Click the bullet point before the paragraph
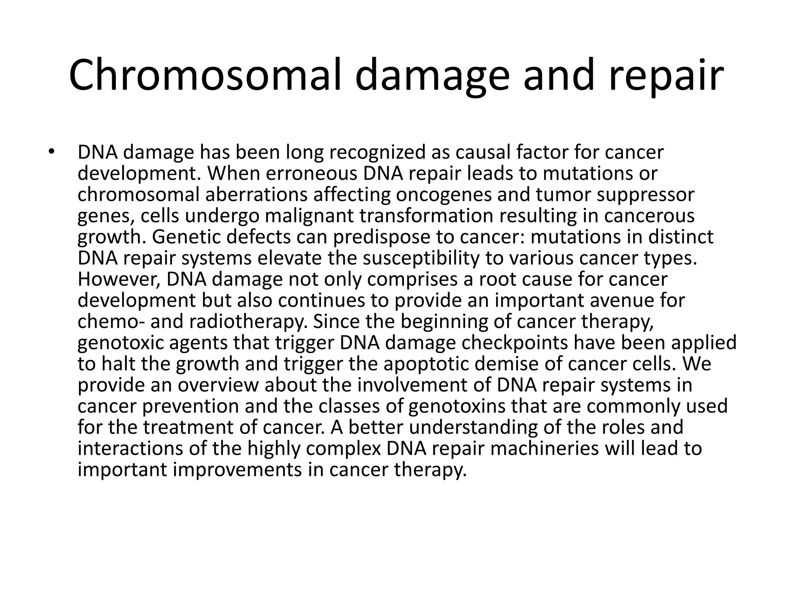[50, 152]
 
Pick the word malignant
[309, 216]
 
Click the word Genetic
[185, 237]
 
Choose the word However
[119, 279]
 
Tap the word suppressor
[645, 195]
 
